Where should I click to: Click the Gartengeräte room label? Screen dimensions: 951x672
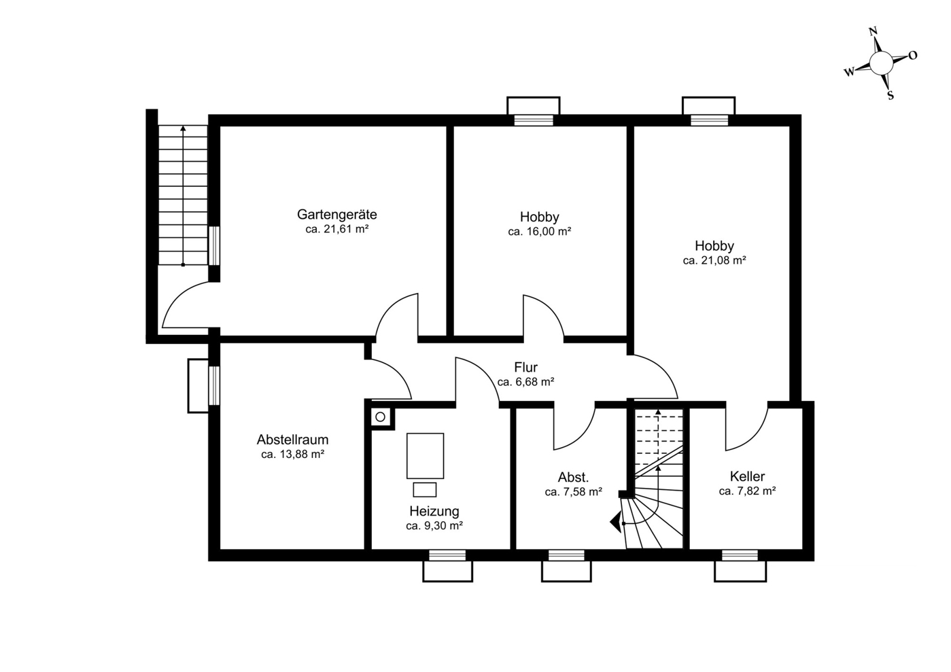[x=336, y=215]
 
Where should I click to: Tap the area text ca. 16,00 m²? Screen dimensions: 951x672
[x=539, y=232]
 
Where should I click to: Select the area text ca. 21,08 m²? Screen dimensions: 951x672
[x=714, y=260]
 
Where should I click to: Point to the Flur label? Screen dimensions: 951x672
[x=525, y=367]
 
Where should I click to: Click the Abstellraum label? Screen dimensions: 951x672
[x=292, y=440]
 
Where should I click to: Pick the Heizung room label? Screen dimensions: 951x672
[x=434, y=511]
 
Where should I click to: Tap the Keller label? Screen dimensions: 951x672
[x=747, y=476]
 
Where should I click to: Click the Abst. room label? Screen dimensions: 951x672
[x=573, y=477]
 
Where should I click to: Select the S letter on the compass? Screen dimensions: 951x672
[x=891, y=95]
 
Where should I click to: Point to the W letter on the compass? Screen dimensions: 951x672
[x=848, y=72]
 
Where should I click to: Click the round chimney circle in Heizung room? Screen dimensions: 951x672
[x=381, y=417]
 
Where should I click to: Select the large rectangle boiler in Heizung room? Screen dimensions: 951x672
[x=425, y=456]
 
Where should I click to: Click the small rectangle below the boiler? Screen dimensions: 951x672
[x=425, y=490]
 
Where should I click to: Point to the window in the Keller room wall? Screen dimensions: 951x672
[x=740, y=555]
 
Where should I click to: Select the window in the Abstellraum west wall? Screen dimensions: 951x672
[x=214, y=385]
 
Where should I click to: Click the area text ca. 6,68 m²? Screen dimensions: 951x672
[x=525, y=383]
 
